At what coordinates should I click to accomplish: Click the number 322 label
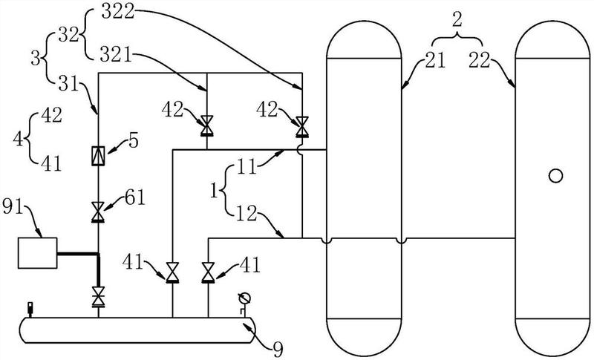118,11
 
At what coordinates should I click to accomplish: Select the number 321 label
116,55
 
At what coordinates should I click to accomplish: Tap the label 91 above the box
13,207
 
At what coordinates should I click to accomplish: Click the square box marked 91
38,253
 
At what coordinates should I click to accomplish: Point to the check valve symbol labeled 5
98,156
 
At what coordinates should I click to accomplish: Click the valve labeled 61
98,212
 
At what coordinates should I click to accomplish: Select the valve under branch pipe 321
207,125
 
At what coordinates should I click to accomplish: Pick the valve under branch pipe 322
302,126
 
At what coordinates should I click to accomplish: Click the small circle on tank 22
555,176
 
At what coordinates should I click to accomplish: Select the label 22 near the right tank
480,61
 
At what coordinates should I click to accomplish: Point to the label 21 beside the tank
435,61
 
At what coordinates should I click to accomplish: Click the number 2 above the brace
457,20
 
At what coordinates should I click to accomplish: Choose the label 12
247,213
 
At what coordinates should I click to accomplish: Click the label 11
247,166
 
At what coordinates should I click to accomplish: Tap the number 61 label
135,197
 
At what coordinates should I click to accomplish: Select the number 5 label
134,140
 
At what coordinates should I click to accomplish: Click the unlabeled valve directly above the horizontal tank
98,296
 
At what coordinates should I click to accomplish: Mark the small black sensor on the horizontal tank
30,310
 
